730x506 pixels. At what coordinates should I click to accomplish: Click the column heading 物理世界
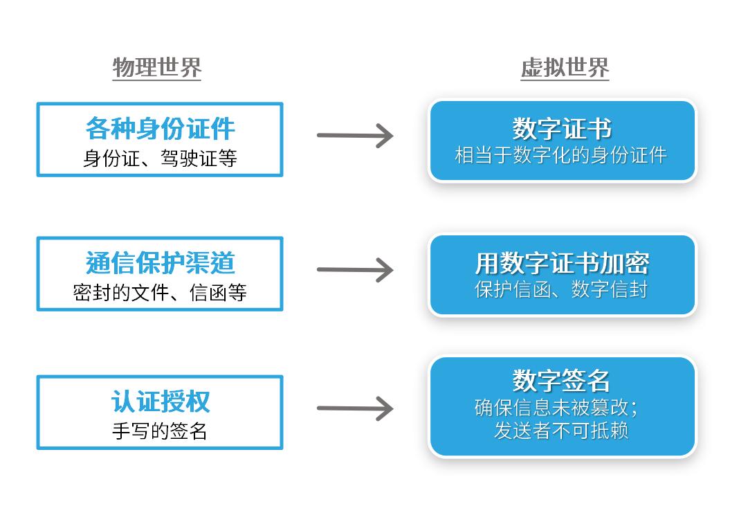[156, 68]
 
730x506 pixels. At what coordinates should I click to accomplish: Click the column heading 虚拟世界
[565, 68]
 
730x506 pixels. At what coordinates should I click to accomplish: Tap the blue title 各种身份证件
[160, 129]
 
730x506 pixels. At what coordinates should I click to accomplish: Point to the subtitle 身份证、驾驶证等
[160, 159]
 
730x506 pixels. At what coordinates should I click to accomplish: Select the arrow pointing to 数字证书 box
[355, 135]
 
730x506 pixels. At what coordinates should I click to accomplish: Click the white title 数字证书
[562, 129]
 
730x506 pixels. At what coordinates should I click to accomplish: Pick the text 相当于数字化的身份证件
[561, 155]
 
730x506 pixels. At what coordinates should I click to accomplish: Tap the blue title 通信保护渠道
[160, 263]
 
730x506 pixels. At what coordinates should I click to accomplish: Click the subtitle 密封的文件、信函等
[160, 293]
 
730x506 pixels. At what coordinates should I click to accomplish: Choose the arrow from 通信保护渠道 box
[355, 270]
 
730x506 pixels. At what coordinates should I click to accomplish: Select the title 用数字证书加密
[562, 263]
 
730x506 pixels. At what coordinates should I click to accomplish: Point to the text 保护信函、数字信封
[561, 289]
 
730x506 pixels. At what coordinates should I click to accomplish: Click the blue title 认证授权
[160, 401]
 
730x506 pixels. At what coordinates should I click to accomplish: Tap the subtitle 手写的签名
[160, 431]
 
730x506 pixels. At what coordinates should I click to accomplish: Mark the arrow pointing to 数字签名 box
[355, 408]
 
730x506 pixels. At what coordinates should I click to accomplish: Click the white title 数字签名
[562, 380]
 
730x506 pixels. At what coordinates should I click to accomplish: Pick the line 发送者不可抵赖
[561, 431]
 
